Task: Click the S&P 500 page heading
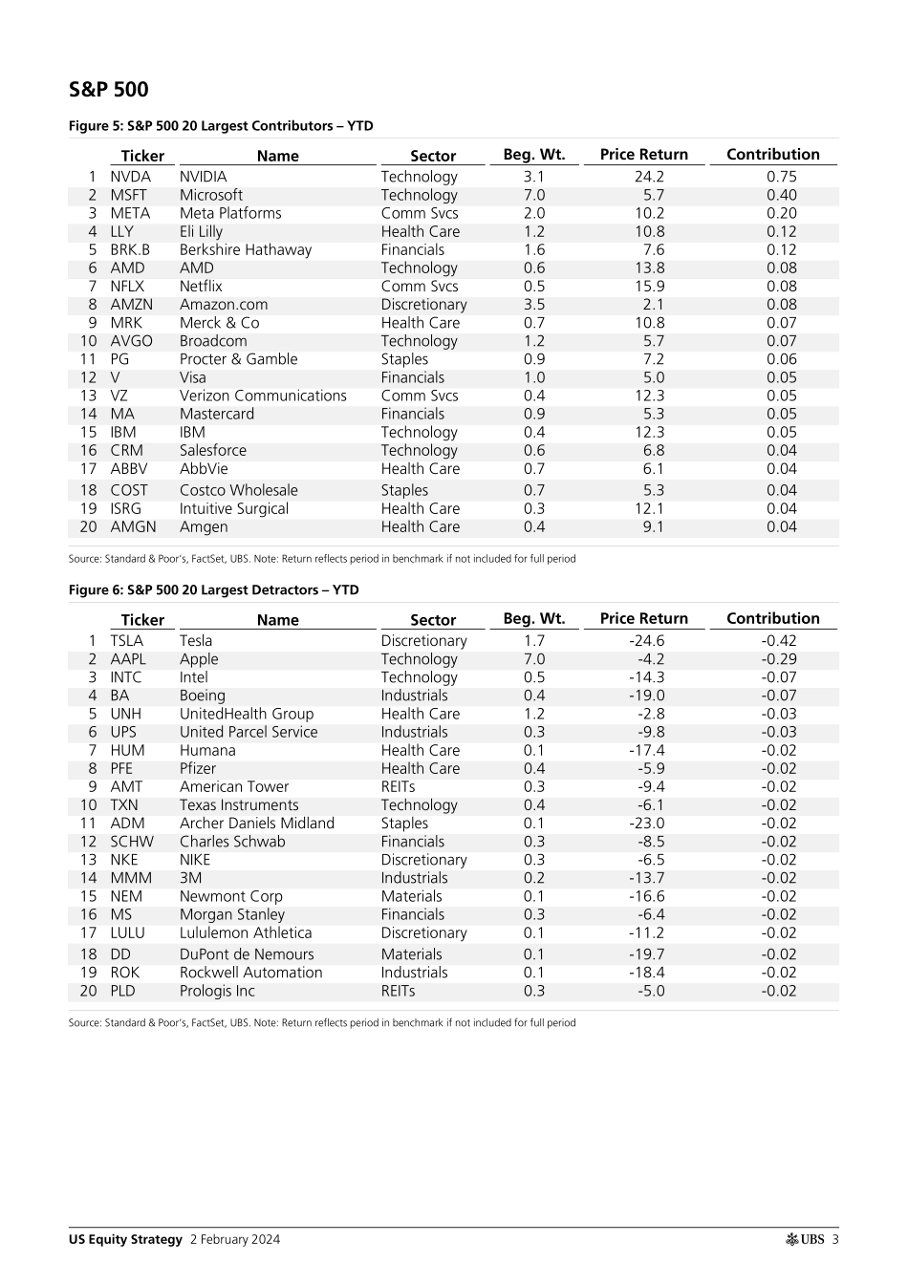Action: click(108, 90)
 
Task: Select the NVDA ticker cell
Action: click(130, 177)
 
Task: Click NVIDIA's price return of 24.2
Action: click(649, 177)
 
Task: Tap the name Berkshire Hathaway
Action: click(246, 249)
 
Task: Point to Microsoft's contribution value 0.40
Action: click(781, 195)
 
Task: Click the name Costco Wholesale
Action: click(239, 490)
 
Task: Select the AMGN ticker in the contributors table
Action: click(133, 526)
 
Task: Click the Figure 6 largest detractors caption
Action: click(213, 590)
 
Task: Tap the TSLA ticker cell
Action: click(126, 641)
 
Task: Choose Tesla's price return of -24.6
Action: click(646, 641)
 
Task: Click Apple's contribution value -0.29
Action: click(778, 659)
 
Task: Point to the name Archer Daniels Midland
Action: click(257, 824)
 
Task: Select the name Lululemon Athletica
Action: click(246, 933)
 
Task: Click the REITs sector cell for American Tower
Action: click(398, 787)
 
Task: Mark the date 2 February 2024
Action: click(235, 1240)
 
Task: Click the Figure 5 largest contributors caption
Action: click(221, 126)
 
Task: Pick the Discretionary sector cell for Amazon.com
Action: click(423, 305)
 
